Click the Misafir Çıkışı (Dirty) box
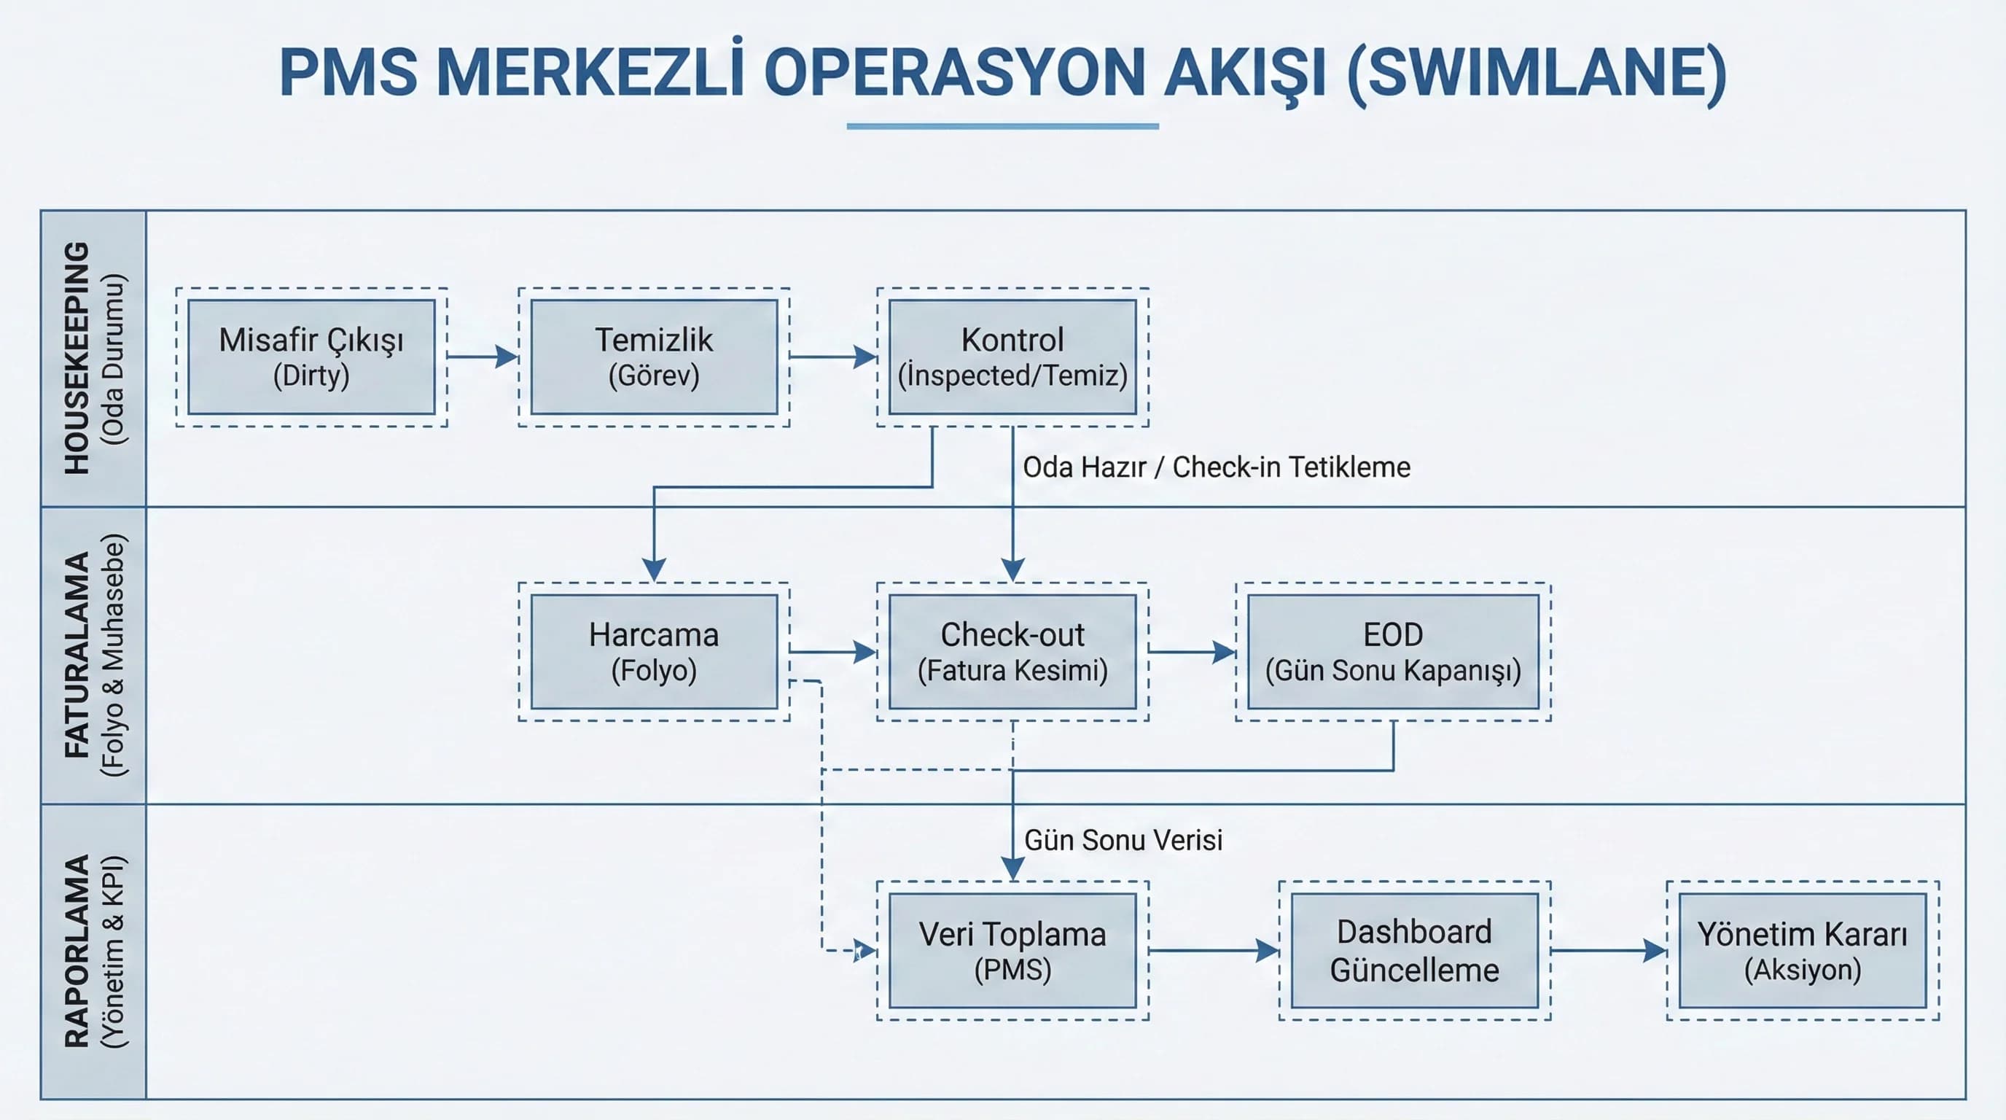coord(311,357)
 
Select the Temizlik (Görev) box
coord(654,357)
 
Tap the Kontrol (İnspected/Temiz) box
coord(1012,357)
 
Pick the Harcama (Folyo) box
coord(654,652)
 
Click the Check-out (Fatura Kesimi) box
coord(1012,652)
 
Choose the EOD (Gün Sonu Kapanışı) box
coord(1393,652)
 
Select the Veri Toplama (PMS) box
coord(1012,950)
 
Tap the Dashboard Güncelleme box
coord(1415,950)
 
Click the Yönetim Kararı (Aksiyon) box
coord(1803,950)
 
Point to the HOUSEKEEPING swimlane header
coord(93,358)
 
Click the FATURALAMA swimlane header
coord(93,655)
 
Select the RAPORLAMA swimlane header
coord(93,952)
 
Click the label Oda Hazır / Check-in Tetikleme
coord(1217,467)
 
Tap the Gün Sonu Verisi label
coord(1123,841)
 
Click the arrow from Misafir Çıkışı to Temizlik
coord(483,357)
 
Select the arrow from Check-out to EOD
coord(1193,652)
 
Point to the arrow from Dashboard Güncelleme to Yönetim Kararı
coord(1609,950)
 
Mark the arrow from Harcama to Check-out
coord(833,652)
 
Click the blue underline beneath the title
coord(1003,125)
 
